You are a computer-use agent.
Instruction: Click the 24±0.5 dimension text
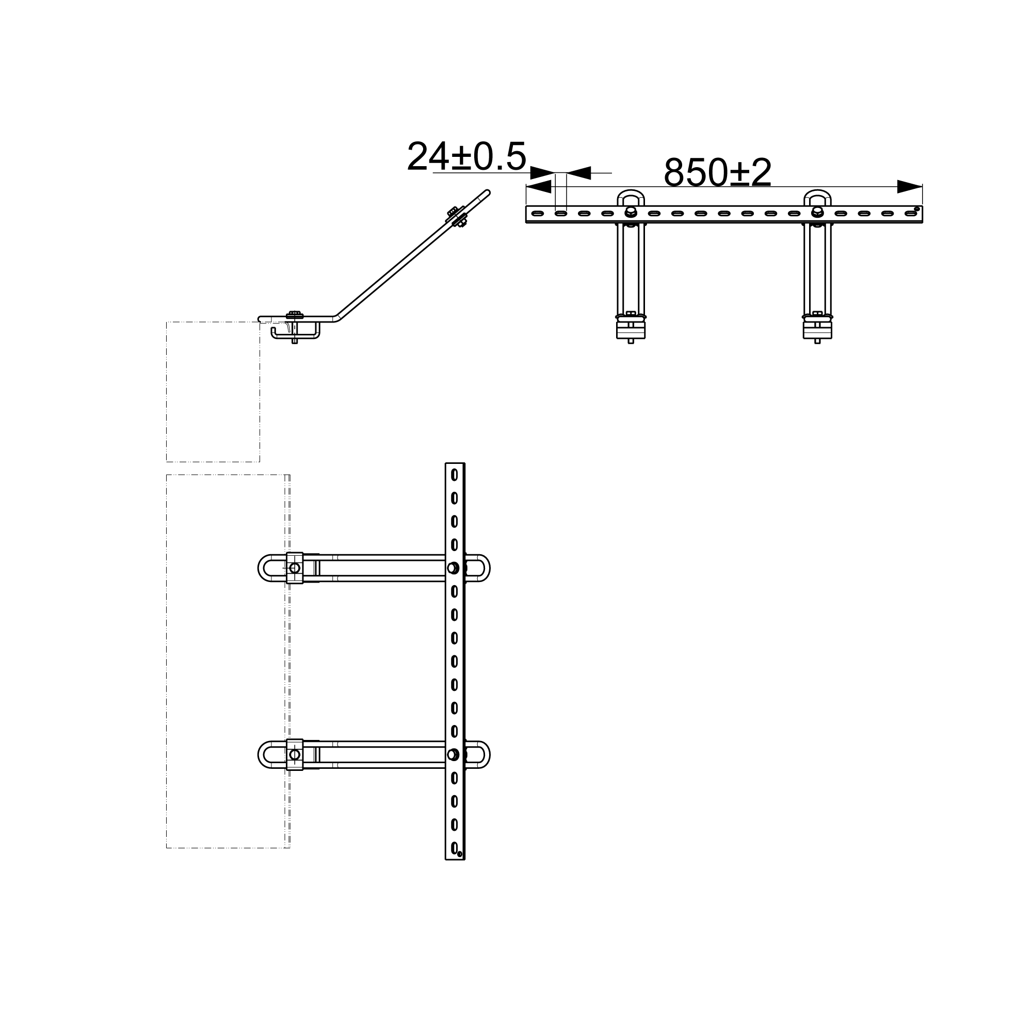pos(466,156)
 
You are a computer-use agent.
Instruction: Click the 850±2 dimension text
pos(717,172)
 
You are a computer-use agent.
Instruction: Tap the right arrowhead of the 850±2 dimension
pos(910,186)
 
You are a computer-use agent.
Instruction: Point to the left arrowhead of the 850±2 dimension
pos(538,186)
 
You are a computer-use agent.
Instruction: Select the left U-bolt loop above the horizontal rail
pos(631,192)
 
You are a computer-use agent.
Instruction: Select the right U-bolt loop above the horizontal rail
pos(817,192)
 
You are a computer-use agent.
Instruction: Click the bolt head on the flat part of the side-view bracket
pos(294,315)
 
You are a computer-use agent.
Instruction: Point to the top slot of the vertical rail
pos(454,474)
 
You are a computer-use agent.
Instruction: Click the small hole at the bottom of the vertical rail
pos(459,853)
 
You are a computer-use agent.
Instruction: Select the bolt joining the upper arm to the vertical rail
pos(453,568)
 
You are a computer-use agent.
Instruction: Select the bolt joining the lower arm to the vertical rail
pos(453,754)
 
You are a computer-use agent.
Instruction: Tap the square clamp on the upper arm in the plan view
pos(294,568)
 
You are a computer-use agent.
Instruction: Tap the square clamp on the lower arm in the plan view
pos(294,754)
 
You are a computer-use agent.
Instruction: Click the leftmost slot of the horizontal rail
pos(537,214)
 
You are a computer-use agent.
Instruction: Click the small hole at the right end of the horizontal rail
pos(916,209)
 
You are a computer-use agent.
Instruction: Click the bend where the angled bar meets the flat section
pos(336,318)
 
